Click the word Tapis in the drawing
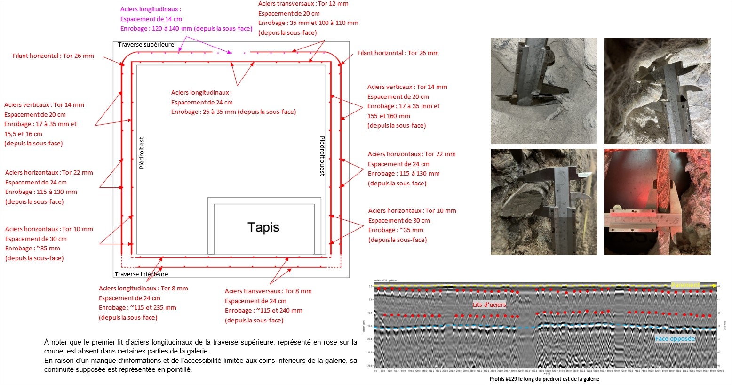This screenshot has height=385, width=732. pos(263,227)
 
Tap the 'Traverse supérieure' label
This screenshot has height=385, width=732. pos(146,45)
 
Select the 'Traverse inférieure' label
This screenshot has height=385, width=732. pos(141,274)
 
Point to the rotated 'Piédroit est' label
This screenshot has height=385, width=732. pos(142,153)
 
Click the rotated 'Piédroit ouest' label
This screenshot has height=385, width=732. pos(322,156)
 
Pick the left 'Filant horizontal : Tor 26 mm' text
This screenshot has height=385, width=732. pos(53,56)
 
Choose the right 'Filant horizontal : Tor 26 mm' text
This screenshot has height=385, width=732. pos(398,53)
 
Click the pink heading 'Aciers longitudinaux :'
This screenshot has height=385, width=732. pos(151,9)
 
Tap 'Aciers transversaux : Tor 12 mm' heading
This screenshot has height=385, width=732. pos(303,4)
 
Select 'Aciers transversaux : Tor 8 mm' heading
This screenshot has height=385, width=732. pos(268,291)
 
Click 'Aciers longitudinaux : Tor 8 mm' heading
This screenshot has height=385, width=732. pos(143,288)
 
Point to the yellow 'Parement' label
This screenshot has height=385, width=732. pos(685,285)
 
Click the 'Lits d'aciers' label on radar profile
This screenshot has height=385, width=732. pos(489,305)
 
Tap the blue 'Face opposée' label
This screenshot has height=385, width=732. pos(675,338)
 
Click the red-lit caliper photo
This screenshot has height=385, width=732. pos(657,202)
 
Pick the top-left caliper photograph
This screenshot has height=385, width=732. pos(544,91)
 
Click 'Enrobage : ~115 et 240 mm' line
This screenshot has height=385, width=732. pos(263,310)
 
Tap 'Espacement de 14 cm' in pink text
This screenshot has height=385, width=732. pos(151,19)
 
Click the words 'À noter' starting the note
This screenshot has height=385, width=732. pos(55,342)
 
